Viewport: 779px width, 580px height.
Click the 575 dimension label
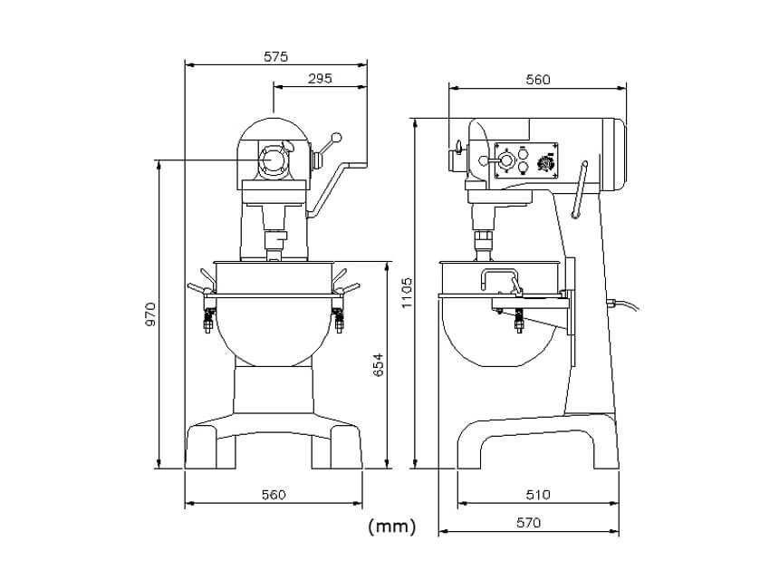275,57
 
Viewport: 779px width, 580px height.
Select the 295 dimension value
320,79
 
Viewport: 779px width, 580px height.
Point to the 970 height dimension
150,314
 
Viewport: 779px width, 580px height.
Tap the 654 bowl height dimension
379,365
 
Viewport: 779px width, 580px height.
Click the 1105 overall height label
408,293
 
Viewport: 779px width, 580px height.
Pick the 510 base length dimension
538,495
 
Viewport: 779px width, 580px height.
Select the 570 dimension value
528,522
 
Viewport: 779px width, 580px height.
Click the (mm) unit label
392,527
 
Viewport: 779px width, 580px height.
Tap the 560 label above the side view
538,80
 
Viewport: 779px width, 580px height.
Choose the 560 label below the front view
274,495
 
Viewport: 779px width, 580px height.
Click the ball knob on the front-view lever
337,137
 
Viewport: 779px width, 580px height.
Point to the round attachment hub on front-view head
273,160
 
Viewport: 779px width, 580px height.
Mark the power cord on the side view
624,304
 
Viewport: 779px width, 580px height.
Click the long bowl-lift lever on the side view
580,189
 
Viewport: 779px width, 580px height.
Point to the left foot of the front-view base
201,446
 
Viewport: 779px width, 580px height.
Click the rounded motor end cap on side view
614,155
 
